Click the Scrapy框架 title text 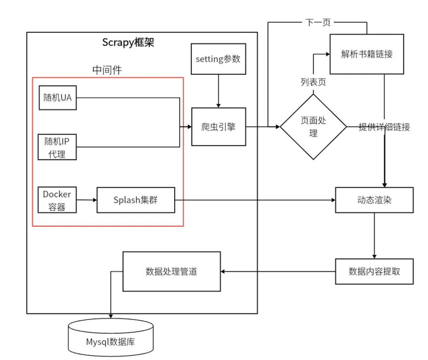coord(128,42)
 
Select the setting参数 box coord(218,59)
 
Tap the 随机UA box coord(57,98)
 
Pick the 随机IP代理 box coord(57,147)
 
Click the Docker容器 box coord(57,200)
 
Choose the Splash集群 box coord(136,200)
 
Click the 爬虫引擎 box coord(218,127)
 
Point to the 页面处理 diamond coord(313,127)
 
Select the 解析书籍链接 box coord(367,54)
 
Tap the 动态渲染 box coord(374,201)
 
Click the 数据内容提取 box coord(374,271)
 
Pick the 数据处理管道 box coord(171,271)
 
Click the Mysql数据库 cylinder coord(110,341)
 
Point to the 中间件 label coord(107,70)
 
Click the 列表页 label coord(313,82)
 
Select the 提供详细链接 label coord(384,127)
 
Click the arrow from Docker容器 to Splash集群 coord(87,200)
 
